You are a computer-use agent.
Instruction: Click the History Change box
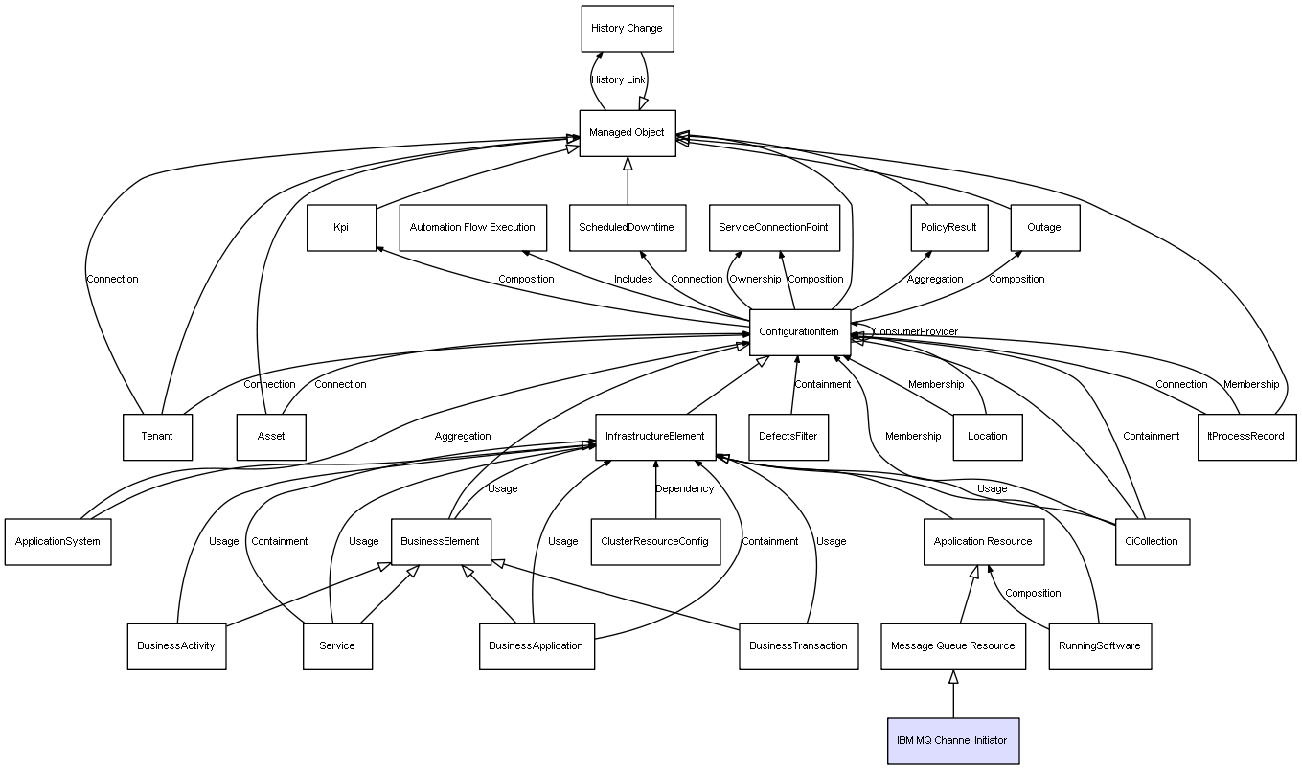coord(627,29)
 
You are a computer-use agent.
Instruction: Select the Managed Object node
coord(627,133)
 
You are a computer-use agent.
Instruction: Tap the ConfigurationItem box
coord(799,332)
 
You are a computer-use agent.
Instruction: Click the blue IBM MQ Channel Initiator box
coord(952,740)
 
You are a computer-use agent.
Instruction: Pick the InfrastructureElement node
coord(654,437)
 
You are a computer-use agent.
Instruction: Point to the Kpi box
coord(341,228)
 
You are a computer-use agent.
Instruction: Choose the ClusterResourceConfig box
coord(654,541)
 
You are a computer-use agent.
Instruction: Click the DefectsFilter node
coord(788,437)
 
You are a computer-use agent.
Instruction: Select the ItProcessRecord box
coord(1245,437)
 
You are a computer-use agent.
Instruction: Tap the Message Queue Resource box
coord(952,645)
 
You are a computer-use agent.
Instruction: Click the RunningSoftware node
coord(1099,645)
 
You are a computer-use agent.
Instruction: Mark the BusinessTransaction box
coord(797,645)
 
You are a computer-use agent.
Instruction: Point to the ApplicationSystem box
coord(57,541)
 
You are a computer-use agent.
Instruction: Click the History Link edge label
coord(618,80)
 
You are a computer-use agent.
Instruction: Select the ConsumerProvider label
coord(915,332)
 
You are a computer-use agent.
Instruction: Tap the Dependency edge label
coord(684,489)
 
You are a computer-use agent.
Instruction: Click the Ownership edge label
coord(755,280)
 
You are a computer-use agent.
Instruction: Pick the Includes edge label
coord(633,280)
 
